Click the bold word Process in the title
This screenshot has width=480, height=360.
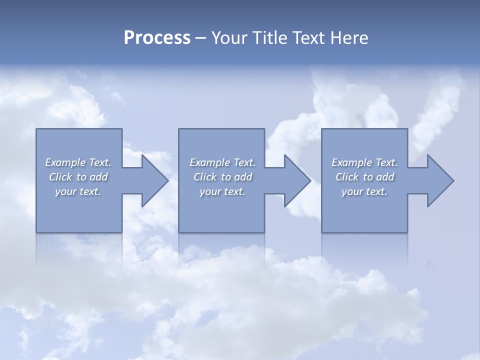(157, 38)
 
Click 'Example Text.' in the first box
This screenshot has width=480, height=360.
(78, 162)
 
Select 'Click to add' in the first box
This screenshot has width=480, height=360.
(78, 177)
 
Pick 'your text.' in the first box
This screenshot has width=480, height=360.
(78, 191)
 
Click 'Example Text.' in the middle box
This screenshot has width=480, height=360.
(222, 162)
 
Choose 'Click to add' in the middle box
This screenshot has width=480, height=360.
(222, 177)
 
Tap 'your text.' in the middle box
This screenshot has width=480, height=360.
(222, 191)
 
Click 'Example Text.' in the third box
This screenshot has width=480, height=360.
(364, 162)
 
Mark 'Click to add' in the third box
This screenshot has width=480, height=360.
(364, 177)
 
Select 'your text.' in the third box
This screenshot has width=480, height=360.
(364, 191)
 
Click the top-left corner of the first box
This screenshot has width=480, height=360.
(37, 129)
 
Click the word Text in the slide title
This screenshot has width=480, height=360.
(308, 38)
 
